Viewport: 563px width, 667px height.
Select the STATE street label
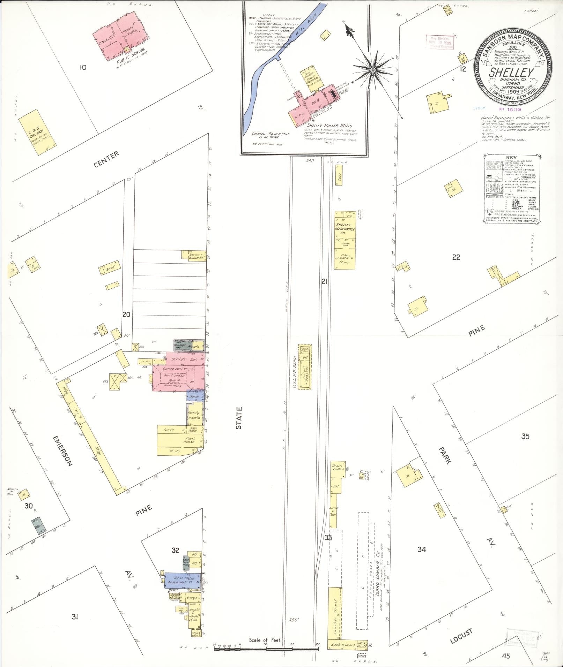[x=239, y=417]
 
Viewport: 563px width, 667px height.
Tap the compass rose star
[x=373, y=71]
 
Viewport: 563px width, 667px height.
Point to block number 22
[x=456, y=257]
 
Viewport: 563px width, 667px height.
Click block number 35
[x=525, y=436]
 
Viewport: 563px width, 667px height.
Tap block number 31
[x=75, y=617]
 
